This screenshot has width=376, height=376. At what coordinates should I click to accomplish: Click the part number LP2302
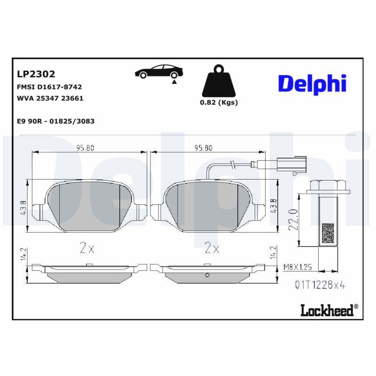36,74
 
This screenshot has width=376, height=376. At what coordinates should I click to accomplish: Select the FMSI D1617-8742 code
49,87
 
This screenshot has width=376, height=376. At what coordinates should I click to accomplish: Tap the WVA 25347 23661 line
50,99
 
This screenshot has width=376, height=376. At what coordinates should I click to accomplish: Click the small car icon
158,72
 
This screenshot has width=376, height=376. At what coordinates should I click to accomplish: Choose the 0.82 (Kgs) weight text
219,102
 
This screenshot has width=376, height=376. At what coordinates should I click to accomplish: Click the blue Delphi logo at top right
312,84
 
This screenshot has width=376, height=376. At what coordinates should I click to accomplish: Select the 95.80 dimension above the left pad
86,148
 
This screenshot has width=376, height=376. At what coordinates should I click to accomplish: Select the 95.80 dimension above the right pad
204,148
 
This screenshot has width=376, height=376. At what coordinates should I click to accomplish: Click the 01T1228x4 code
320,285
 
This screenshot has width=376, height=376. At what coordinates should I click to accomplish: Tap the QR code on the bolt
328,233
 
